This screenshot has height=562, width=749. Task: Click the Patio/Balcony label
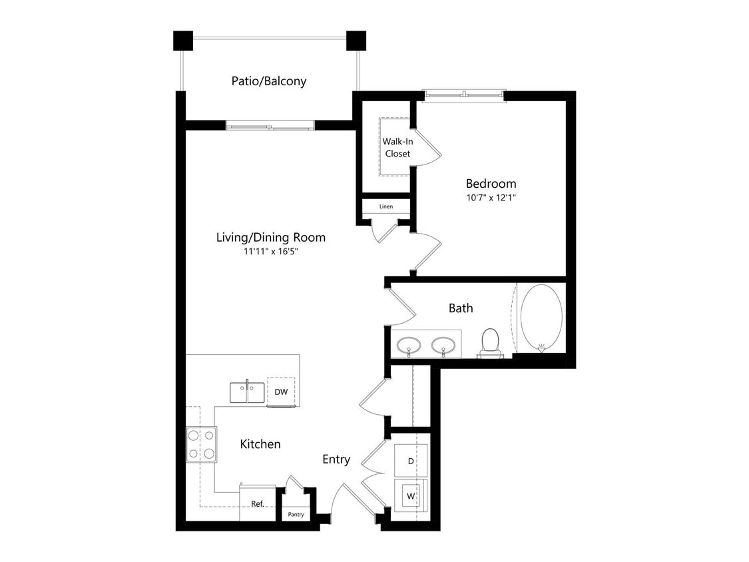coord(268,81)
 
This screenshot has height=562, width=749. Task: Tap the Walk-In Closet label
coord(396,147)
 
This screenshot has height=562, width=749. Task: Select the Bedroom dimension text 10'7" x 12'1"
coord(490,198)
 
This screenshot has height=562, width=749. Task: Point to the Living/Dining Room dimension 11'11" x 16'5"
coord(270,252)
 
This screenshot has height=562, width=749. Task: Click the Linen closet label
coord(385,206)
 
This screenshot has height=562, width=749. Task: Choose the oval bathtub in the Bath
coord(541,318)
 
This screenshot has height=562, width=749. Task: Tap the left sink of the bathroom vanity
coord(408,346)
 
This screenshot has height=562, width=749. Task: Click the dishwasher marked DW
coord(281,392)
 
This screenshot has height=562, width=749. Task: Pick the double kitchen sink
coord(247,392)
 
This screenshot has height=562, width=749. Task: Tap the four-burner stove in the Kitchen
coord(201,444)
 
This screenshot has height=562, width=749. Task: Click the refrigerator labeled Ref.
coord(257,503)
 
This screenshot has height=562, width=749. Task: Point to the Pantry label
coord(296,515)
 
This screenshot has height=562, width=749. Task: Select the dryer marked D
coord(411,460)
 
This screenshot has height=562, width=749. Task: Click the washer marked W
coord(411,496)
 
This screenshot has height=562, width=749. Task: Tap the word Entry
coord(336,459)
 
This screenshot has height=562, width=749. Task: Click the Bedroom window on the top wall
coord(463,96)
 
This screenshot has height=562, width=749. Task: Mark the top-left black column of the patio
coord(183,41)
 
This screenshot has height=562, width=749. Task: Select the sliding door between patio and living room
coord(270,125)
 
